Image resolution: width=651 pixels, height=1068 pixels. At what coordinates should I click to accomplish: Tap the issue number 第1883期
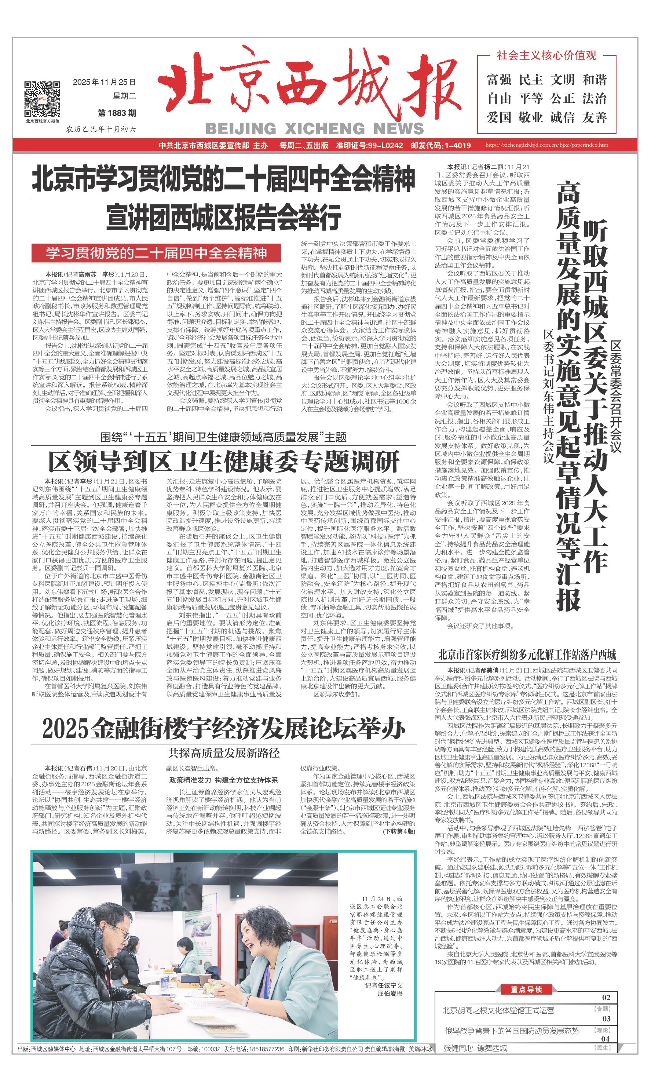(117, 113)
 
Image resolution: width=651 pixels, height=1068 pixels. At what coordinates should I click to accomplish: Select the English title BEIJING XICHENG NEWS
(314, 128)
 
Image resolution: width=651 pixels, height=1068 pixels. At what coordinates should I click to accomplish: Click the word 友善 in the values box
(594, 117)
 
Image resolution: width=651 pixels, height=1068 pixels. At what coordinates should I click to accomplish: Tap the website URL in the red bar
(546, 146)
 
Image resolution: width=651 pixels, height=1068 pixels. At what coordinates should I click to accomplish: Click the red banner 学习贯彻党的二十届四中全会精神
(156, 253)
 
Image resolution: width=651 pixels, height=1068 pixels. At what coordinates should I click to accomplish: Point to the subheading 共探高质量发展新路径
(224, 753)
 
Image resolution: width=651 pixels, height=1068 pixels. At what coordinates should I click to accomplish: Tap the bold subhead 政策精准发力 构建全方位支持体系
(224, 780)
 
